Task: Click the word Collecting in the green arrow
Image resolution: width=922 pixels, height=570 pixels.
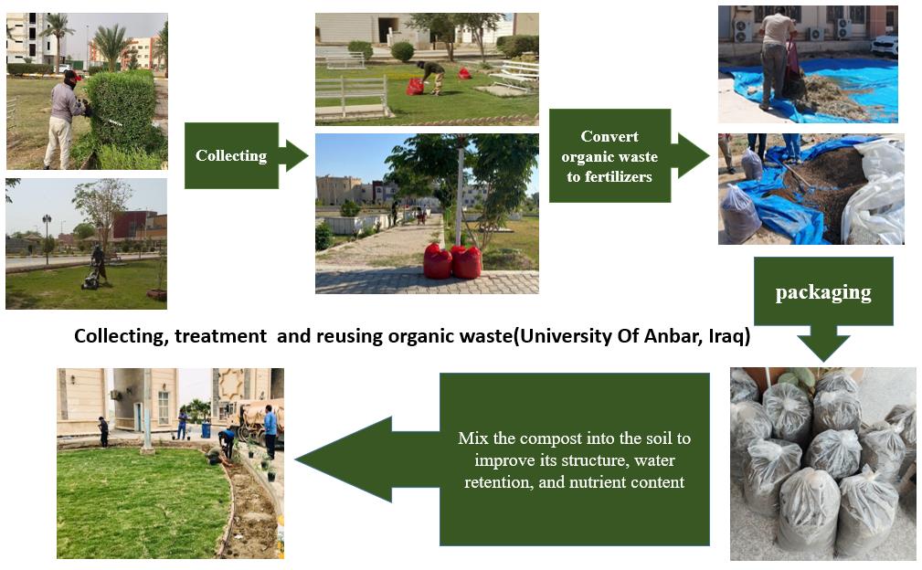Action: pos(231,155)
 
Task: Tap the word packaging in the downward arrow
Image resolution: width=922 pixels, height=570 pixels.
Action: pos(823,292)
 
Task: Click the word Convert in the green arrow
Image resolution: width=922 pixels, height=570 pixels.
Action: pos(609,136)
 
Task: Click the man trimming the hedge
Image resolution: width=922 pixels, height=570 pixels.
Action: pos(63,120)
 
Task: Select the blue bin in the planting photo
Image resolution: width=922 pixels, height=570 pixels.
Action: pos(206,429)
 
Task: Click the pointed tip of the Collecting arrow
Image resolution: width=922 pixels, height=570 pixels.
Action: pos(308,155)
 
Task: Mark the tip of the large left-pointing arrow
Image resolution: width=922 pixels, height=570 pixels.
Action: pos(296,459)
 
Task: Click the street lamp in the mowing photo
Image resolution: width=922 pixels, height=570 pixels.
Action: pos(47,238)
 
